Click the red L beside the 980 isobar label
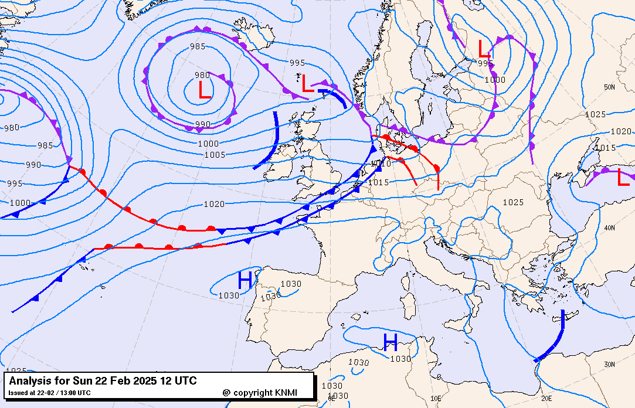point(204,90)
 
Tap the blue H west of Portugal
point(245,280)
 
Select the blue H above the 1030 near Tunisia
point(390,341)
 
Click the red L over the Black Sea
point(623,178)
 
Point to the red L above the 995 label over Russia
point(484,48)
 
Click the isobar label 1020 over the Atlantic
point(214,204)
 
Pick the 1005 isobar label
point(215,155)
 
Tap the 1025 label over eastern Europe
point(513,202)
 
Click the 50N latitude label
point(609,87)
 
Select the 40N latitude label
point(609,228)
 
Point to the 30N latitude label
point(609,365)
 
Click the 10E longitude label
point(436,398)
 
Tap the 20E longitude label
point(546,398)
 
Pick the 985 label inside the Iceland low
point(198,47)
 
